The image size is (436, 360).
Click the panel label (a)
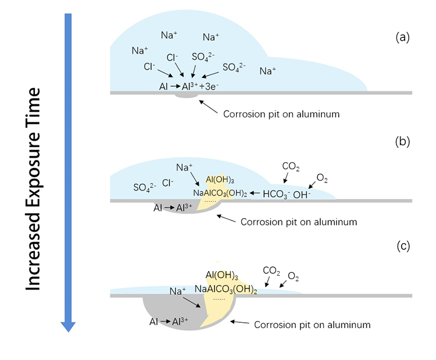pos(402,38)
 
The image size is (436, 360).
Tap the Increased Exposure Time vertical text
pos(34,189)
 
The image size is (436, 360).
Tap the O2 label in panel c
pos(294,275)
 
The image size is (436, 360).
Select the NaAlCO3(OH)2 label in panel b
pos(221,194)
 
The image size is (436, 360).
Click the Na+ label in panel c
pos(178,291)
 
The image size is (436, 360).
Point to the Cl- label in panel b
pos(168,183)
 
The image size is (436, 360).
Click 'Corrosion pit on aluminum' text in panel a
pos(281,114)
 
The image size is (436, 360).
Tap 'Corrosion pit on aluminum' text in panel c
pos(312,325)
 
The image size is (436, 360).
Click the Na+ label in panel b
pos(184,167)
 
